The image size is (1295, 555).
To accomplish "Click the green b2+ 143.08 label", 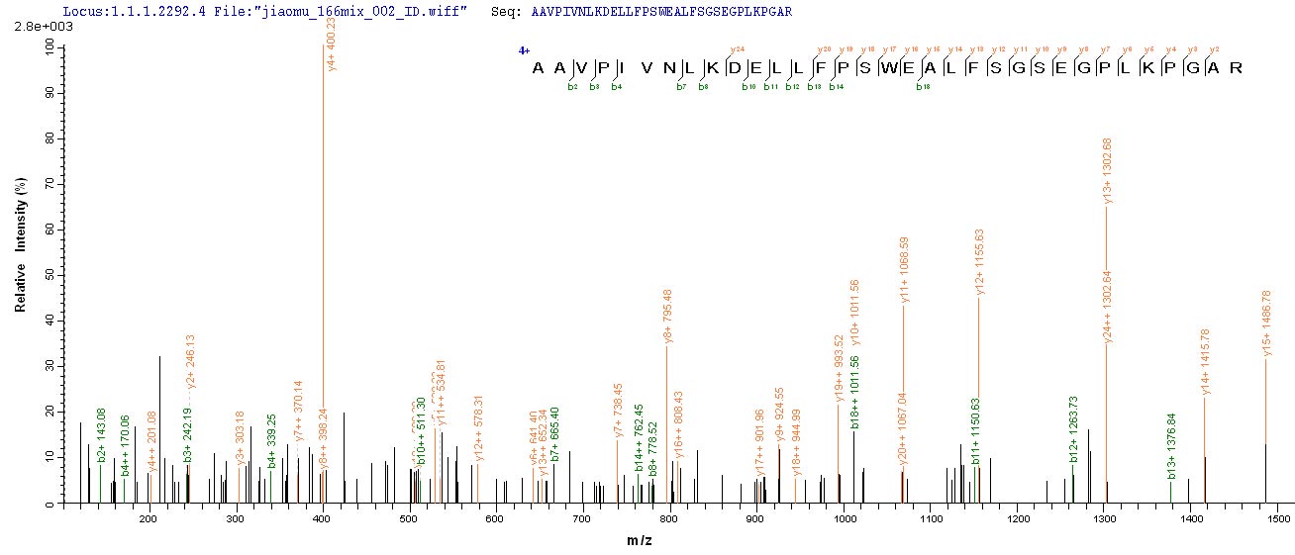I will pyautogui.click(x=101, y=428).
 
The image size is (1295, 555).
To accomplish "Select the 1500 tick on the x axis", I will pyautogui.click(x=1278, y=517).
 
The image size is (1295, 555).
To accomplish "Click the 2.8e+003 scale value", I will pyautogui.click(x=31, y=29).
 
